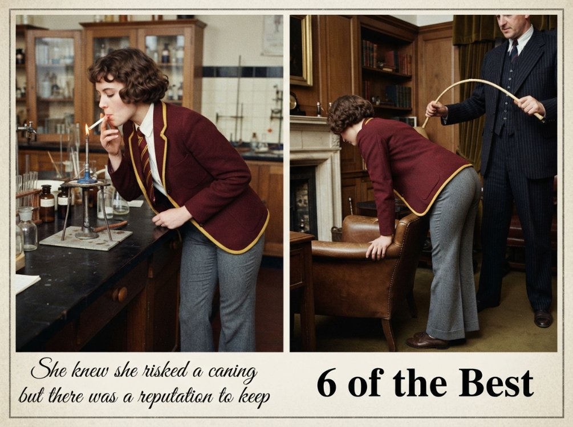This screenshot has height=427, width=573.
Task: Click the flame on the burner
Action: coord(87,130)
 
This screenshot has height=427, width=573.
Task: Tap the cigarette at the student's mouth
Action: coord(97,123)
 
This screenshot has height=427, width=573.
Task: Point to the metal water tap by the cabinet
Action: coord(27,129)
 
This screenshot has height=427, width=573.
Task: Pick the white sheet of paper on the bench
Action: coord(26,282)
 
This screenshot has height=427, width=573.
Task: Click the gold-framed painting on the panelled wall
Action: coord(300,50)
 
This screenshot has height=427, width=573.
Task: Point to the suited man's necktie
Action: coord(514,50)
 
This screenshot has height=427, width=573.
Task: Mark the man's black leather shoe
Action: coord(543,318)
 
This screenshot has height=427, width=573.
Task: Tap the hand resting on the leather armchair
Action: coord(379,247)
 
